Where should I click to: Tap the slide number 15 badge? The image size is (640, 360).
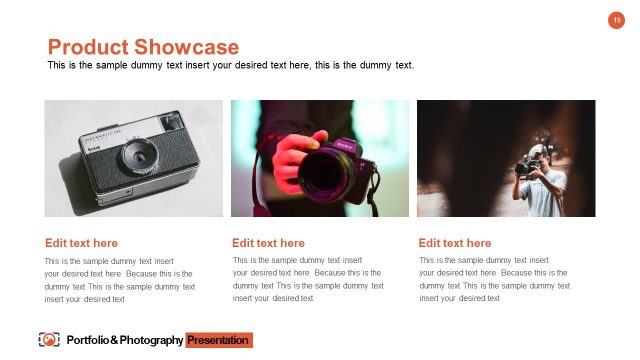point(617,21)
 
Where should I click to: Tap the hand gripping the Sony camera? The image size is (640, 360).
point(291,151)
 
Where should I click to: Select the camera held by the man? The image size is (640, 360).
point(526,167)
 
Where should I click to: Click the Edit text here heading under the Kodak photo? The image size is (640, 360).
point(81,243)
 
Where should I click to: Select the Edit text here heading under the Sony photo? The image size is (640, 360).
point(268,243)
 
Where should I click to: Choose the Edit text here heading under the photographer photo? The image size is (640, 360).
point(455,243)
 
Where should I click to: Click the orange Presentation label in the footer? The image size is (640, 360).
point(218,341)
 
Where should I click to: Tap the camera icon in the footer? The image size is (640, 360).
point(48,340)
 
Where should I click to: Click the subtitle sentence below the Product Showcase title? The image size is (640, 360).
point(230,65)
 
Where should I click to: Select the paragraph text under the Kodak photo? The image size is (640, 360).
point(119,279)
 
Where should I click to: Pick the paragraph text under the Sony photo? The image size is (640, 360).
point(307,279)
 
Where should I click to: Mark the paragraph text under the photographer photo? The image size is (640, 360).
point(494,279)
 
